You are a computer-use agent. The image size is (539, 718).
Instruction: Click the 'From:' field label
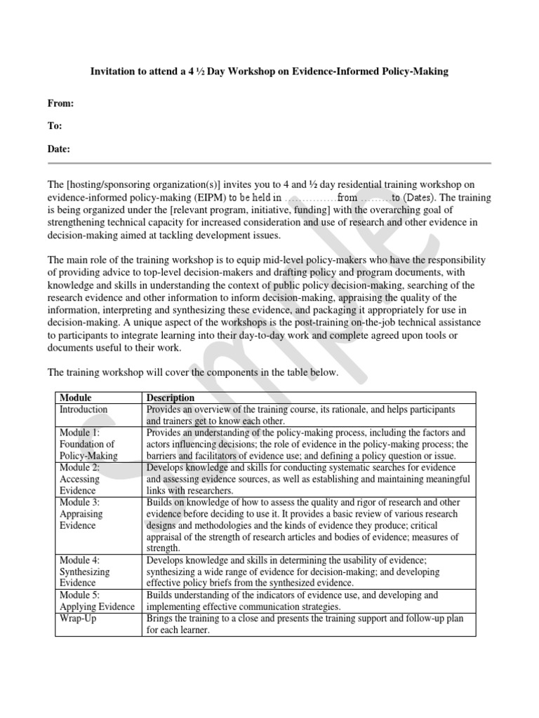pyautogui.click(x=60, y=103)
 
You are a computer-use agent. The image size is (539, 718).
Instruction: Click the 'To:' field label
pyautogui.click(x=55, y=126)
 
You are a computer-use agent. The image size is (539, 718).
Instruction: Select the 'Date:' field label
pyautogui.click(x=59, y=149)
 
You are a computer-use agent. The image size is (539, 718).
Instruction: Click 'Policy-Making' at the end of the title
pyautogui.click(x=414, y=72)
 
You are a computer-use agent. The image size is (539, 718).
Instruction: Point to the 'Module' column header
pyautogui.click(x=76, y=398)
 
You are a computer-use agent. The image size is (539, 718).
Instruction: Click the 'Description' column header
pyautogui.click(x=171, y=398)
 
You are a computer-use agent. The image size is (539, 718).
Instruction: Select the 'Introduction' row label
pyautogui.click(x=84, y=409)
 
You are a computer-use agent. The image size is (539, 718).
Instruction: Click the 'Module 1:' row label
pyautogui.click(x=80, y=433)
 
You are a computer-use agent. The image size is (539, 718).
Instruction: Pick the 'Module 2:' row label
pyautogui.click(x=80, y=467)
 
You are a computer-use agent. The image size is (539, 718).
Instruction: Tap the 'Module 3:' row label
pyautogui.click(x=80, y=502)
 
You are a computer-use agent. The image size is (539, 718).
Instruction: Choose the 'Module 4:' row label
pyautogui.click(x=80, y=560)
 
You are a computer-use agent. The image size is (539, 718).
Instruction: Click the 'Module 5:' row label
pyautogui.click(x=80, y=595)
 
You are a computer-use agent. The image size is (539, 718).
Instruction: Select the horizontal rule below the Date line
pyautogui.click(x=269, y=164)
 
